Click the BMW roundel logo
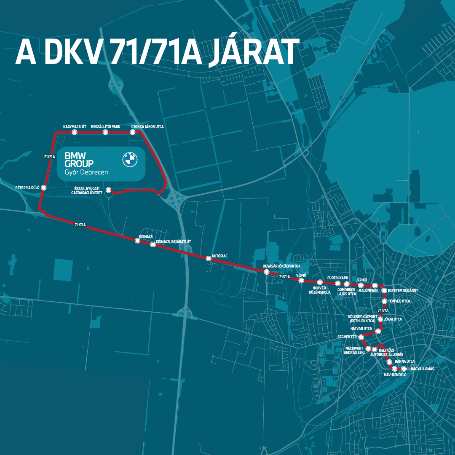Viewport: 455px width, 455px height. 130,159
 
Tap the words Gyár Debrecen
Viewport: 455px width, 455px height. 86,173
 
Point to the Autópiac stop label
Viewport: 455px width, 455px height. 219,256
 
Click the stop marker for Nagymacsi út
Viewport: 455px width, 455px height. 75,132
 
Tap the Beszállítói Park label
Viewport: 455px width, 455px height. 105,126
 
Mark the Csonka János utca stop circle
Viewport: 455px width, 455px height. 133,132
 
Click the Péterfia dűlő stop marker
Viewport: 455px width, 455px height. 44,187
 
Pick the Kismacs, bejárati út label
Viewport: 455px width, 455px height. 174,242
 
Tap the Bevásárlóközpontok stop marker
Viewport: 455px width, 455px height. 267,272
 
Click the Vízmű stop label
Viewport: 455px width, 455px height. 301,274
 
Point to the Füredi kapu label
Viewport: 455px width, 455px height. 337,278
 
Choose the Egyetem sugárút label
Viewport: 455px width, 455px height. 402,291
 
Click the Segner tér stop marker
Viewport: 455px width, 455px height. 361,337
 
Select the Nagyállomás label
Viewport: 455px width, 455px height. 422,369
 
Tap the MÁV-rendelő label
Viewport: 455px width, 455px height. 395,375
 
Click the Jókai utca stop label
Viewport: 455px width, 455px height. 393,319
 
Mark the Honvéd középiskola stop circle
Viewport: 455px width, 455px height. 320,282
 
